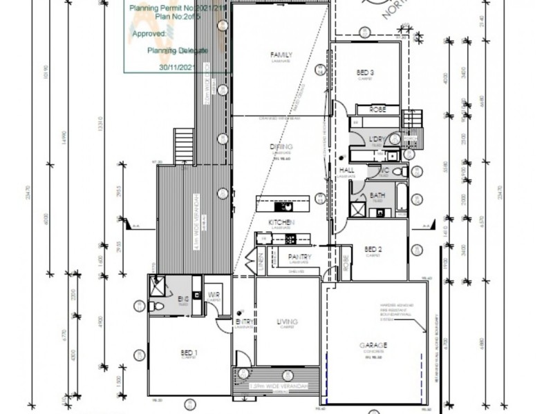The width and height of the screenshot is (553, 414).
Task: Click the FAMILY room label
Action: [282, 55]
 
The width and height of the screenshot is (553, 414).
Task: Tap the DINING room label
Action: [282, 147]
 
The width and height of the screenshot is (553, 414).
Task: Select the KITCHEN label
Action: [282, 222]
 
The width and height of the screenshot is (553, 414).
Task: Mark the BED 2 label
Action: [373, 249]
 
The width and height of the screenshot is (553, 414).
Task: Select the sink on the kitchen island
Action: [284, 205]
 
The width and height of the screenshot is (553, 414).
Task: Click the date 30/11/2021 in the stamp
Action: [178, 68]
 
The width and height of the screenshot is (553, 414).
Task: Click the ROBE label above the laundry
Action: [377, 110]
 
